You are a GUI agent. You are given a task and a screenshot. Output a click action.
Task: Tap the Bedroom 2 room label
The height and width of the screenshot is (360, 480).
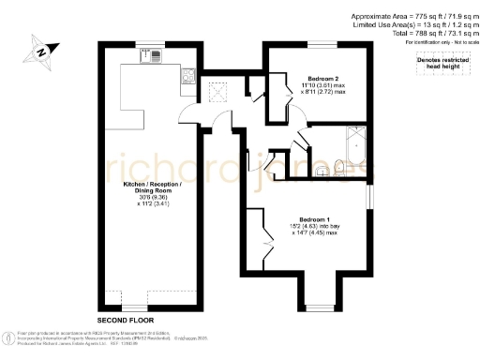[x=322, y=79]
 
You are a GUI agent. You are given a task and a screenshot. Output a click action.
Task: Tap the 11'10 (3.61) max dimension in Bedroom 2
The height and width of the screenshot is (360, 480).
[x=322, y=86]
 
